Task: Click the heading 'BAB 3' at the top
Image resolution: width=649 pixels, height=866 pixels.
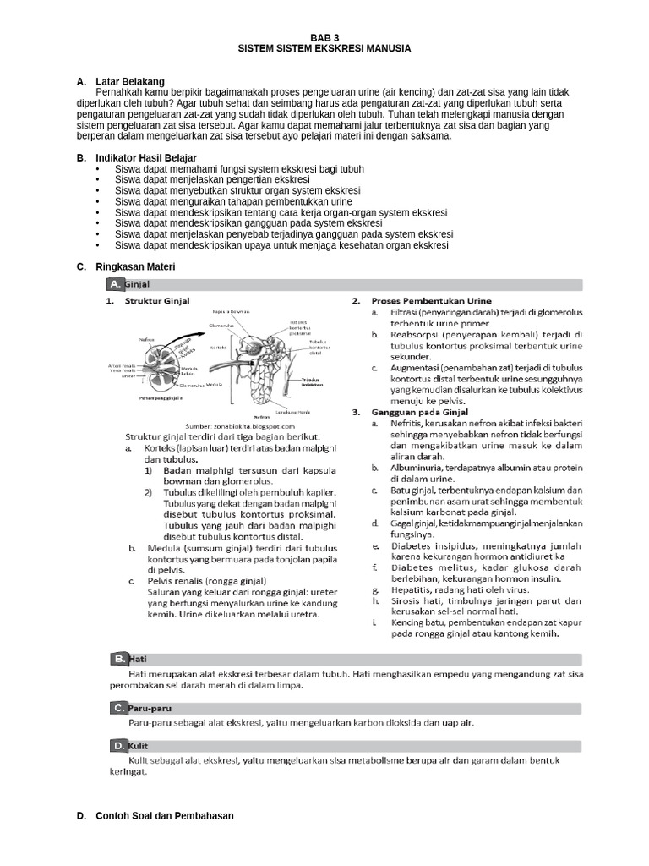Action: click(x=324, y=38)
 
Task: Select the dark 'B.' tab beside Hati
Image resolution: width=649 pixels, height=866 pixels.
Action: click(x=120, y=658)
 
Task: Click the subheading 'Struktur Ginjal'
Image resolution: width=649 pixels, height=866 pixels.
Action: click(x=157, y=301)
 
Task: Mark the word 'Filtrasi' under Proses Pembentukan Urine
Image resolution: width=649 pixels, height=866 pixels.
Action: click(x=408, y=312)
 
